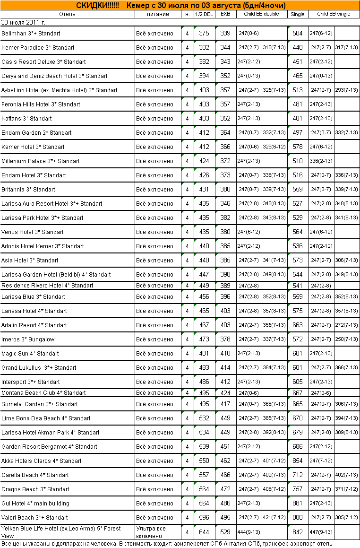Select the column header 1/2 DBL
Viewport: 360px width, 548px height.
coord(204,14)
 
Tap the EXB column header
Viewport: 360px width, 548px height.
coord(225,14)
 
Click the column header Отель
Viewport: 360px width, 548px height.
coord(67,14)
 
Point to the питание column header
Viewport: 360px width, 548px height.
coord(158,14)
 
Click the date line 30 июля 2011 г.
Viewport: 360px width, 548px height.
coord(24,22)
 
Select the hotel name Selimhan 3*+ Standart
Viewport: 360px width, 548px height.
coord(31,34)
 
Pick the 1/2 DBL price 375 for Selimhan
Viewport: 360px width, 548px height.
coord(204,34)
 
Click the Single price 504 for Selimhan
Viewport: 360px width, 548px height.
coord(298,34)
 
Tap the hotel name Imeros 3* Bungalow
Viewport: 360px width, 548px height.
coord(28,339)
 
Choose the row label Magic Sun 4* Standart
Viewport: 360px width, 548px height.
coord(30,354)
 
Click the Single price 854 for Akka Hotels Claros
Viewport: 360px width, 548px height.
coord(298,461)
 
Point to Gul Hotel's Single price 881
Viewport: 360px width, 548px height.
coord(298,504)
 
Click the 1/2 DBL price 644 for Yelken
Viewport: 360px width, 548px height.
coord(204,532)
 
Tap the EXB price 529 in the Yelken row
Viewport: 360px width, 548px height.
coord(225,532)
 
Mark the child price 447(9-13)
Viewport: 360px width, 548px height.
coord(321,532)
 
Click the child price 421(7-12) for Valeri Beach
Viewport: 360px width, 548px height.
coord(274,518)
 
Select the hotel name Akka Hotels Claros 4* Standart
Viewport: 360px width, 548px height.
coord(42,461)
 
